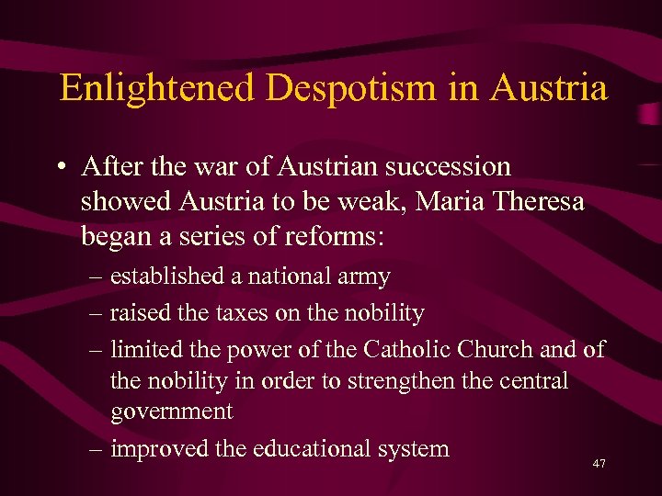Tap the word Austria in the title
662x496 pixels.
point(549,89)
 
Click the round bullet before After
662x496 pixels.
point(59,169)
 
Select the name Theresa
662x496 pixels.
point(542,201)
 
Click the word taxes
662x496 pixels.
point(242,314)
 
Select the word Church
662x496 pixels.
point(506,349)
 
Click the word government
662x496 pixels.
point(172,412)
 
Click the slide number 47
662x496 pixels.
point(599,465)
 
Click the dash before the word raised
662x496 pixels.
point(97,314)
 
